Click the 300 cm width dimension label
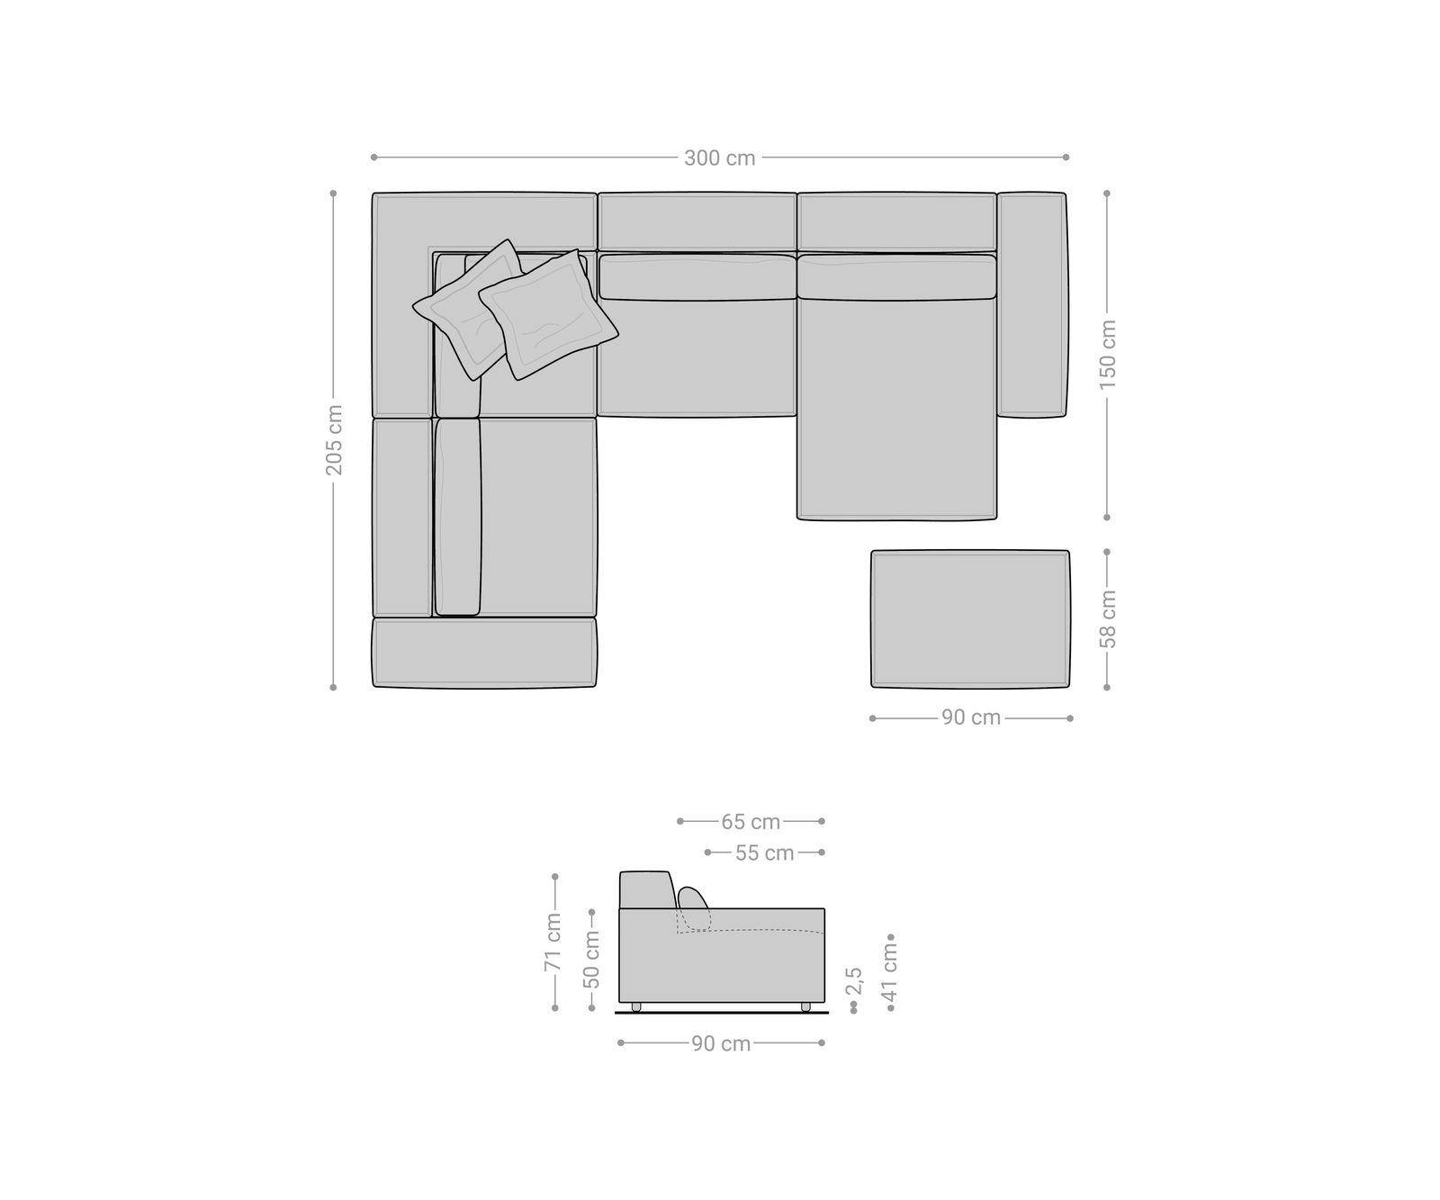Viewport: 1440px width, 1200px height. [x=719, y=158]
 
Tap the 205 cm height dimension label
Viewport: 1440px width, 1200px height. [x=334, y=439]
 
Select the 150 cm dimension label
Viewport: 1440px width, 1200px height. [x=1107, y=355]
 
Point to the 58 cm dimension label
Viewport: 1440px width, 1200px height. [x=1107, y=619]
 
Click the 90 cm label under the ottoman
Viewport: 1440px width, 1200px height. [x=971, y=718]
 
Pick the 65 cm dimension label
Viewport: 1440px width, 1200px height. [x=751, y=822]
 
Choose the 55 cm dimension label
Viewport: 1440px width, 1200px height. [x=765, y=853]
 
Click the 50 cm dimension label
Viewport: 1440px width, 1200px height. [x=591, y=959]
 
